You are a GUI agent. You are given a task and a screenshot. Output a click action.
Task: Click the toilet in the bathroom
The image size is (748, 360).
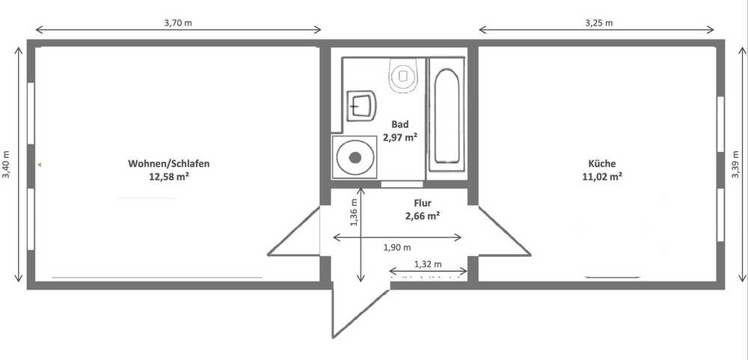tap(403, 76)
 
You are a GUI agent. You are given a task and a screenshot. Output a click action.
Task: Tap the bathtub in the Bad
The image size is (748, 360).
tap(447, 115)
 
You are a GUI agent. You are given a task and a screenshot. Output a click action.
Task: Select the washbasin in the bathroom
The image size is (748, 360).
tap(361, 106)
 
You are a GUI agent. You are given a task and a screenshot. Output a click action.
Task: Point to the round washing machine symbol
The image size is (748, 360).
tap(354, 156)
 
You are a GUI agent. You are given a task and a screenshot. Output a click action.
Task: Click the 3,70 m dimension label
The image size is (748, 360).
tap(178, 22)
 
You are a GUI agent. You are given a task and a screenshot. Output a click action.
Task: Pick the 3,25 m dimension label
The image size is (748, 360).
tap(598, 22)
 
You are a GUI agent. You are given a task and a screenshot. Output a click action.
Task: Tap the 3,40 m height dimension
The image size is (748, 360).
tap(6, 165)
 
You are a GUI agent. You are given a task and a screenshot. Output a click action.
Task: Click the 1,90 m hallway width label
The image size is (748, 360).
tap(397, 247)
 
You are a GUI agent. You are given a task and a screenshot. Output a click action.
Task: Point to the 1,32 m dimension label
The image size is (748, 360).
tap(428, 264)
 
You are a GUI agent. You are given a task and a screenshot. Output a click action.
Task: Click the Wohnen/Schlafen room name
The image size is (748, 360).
tap(169, 164)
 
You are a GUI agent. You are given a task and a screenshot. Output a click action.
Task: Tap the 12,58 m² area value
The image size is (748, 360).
tap(169, 177)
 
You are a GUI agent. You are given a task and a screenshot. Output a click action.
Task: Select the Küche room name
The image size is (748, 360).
tap(602, 163)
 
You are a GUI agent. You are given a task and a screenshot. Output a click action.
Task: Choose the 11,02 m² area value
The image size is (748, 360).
tap(601, 176)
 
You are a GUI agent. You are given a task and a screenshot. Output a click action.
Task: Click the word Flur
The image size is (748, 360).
tap(423, 204)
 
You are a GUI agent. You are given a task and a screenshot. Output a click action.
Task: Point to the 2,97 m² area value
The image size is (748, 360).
tap(399, 138)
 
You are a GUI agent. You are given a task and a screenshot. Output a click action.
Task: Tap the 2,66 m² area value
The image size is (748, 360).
tap(422, 216)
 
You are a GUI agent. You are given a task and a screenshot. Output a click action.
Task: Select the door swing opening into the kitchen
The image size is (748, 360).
tap(505, 231)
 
